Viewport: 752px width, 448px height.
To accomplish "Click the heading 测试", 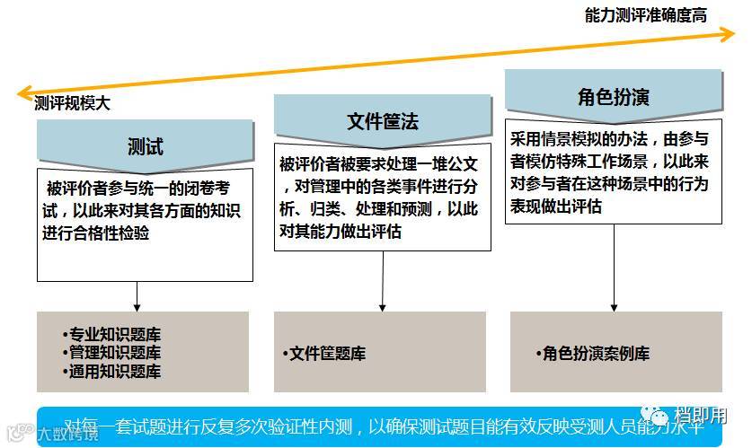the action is point(146,145).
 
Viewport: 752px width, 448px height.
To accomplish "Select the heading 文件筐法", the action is point(383,120).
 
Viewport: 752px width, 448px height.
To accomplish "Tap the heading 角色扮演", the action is point(613,96).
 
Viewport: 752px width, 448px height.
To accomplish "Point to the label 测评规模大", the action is point(73,103).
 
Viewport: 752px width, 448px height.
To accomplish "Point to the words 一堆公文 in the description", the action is point(453,164).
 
